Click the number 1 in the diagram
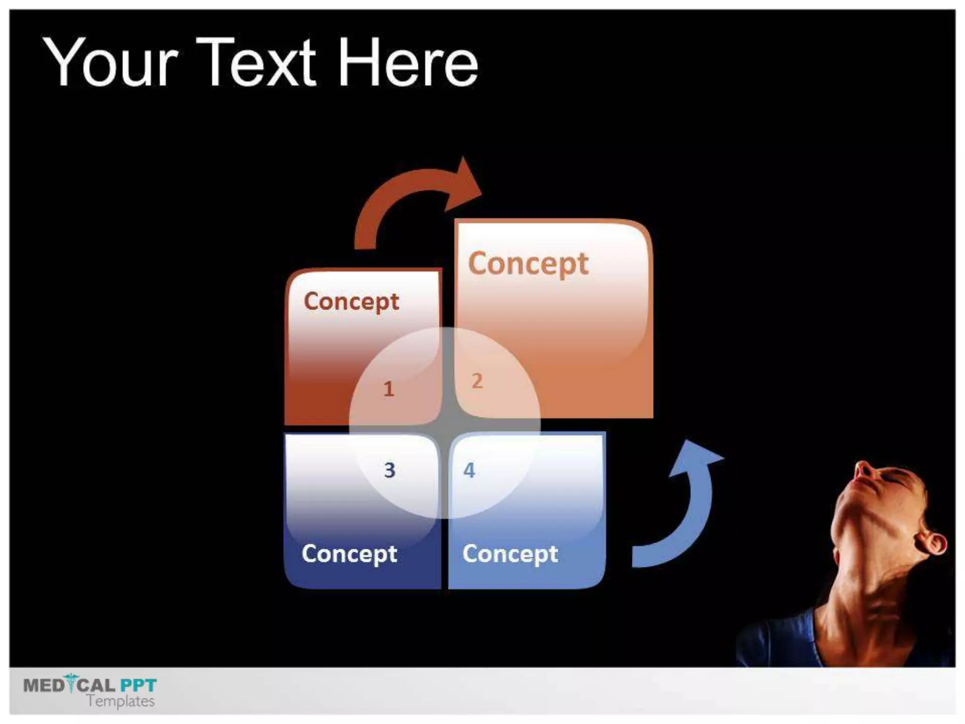pos(389,389)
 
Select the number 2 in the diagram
pos(477,381)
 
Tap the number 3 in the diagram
pos(389,470)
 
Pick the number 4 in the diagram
pos(469,470)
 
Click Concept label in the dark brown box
pos(352,302)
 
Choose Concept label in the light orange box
pos(528,264)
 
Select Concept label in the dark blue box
pos(350,554)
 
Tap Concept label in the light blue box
pos(510,554)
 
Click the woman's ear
pos(933,544)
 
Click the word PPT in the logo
pos(138,685)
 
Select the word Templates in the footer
pos(121,701)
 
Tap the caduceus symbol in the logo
pos(72,683)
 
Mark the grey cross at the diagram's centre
pos(445,424)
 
